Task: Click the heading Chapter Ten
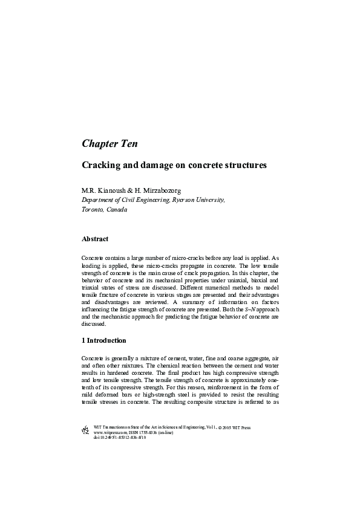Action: point(110,144)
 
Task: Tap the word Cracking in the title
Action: point(100,164)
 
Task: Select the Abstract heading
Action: point(95,239)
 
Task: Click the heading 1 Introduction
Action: point(104,341)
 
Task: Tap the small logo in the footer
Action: point(85,432)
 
